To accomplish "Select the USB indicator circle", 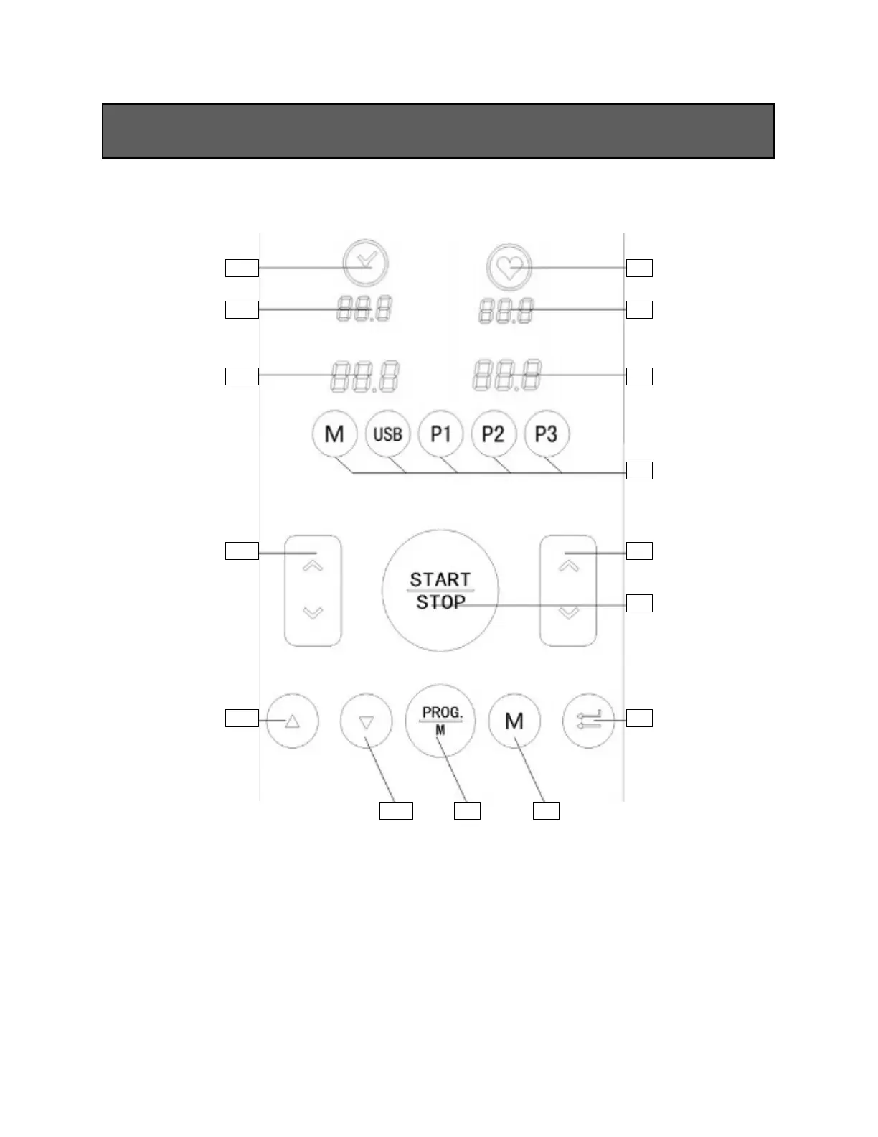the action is click(387, 434).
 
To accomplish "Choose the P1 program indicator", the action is click(440, 434).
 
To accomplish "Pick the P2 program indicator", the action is click(494, 434).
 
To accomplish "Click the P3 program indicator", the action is click(547, 434).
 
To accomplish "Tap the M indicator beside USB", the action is click(334, 434).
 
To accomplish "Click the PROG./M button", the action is click(440, 721).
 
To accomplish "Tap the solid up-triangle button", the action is click(292, 721).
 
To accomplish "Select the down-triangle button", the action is click(367, 721).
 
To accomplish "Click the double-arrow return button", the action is click(589, 721).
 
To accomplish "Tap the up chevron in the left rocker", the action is click(313, 566).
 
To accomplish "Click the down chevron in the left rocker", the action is click(313, 612).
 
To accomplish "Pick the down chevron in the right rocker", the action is click(568, 612).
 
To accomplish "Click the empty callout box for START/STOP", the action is click(639, 603).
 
